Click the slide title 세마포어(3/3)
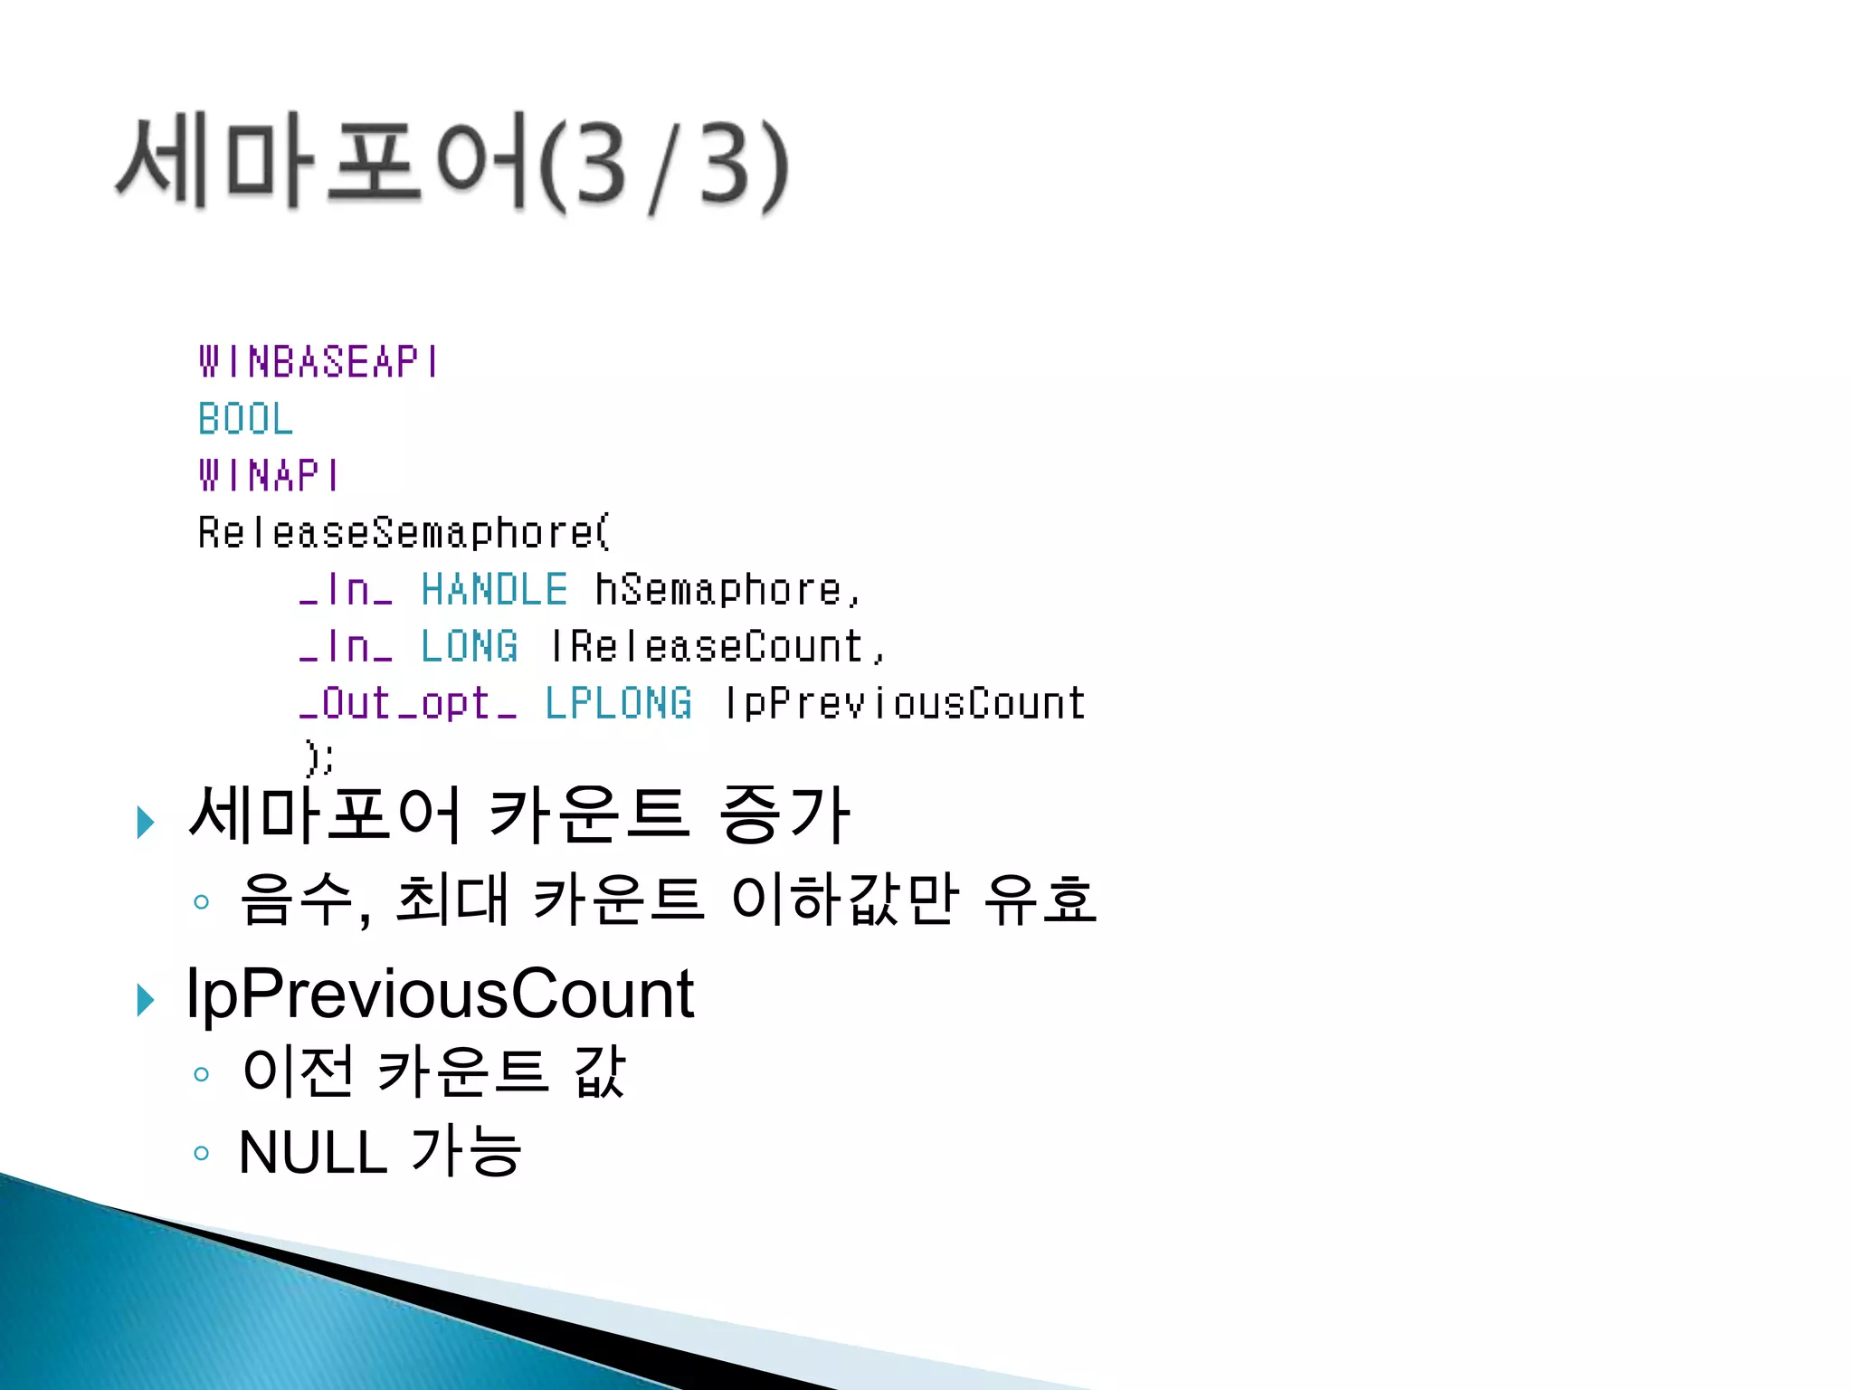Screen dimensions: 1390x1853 452,163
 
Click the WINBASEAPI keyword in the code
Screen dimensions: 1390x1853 318,362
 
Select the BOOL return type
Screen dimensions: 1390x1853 246,419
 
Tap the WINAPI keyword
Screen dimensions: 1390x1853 269,476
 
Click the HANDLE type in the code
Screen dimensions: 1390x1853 494,590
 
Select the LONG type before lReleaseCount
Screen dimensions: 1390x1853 470,647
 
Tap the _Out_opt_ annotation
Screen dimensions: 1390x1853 409,704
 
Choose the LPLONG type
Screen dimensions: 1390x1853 619,704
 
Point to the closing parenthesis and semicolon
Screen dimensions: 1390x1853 319,757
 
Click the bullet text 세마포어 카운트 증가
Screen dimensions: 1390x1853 518,814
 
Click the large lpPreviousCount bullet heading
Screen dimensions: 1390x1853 440,994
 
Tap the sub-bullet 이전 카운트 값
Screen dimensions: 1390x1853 434,1072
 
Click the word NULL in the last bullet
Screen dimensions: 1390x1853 313,1153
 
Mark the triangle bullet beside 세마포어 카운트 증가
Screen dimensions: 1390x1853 146,822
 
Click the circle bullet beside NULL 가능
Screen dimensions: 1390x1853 202,1153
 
